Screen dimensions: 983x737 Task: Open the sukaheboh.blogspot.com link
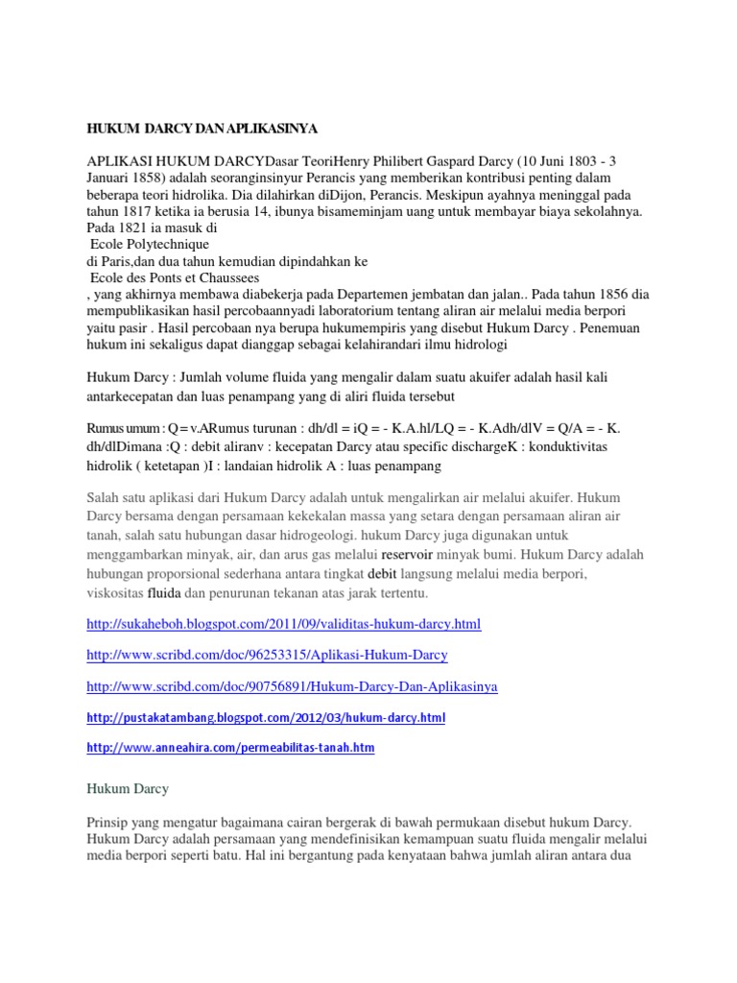tap(283, 624)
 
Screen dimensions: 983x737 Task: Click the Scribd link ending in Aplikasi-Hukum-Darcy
tap(267, 655)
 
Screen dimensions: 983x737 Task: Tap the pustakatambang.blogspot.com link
tap(266, 717)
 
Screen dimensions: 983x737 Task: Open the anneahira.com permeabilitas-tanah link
tap(230, 747)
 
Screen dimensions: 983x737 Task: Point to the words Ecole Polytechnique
tap(149, 245)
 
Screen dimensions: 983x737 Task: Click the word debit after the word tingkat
tap(396, 573)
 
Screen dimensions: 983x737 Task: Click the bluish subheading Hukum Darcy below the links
tap(128, 788)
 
